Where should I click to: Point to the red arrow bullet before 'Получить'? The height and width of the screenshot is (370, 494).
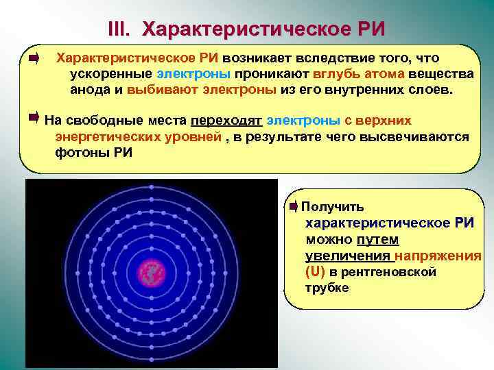[x=294, y=206]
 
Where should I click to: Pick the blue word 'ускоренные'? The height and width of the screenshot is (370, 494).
[x=111, y=73]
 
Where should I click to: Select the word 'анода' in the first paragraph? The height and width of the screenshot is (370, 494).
[x=89, y=89]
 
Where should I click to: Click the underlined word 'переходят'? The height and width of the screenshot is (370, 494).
[x=226, y=121]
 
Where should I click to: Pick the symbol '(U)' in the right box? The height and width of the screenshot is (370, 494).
[x=316, y=271]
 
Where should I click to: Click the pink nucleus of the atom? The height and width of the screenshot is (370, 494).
[x=152, y=272]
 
